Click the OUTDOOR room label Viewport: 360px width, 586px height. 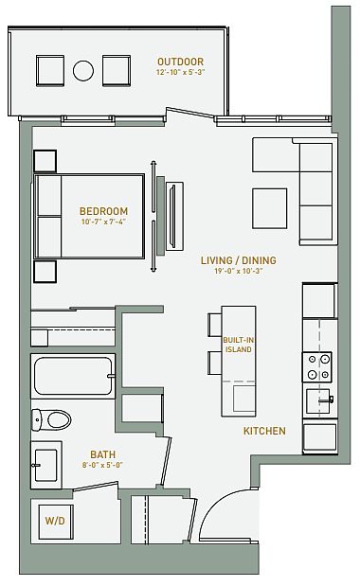(180, 62)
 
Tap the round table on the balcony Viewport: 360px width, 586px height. (83, 71)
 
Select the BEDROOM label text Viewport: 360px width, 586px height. (103, 211)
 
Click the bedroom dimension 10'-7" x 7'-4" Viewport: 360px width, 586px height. (103, 222)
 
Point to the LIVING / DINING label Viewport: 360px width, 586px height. (239, 260)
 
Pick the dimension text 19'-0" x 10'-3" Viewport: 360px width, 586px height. (239, 271)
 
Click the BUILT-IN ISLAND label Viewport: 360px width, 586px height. (239, 345)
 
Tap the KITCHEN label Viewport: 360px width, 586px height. (264, 431)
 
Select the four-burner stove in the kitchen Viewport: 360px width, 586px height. (317, 366)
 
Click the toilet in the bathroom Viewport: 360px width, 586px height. (51, 419)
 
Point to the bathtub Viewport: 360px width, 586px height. (73, 376)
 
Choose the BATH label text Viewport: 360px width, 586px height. (103, 454)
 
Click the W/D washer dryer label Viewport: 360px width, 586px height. (55, 521)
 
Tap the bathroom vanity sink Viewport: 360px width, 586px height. (46, 465)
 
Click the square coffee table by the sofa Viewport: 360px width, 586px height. (270, 208)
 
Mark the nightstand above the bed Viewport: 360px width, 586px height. (45, 162)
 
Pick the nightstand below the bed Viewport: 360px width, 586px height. (45, 272)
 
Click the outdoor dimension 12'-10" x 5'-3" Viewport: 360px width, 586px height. (181, 72)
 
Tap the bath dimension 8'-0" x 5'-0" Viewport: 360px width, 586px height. (103, 465)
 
